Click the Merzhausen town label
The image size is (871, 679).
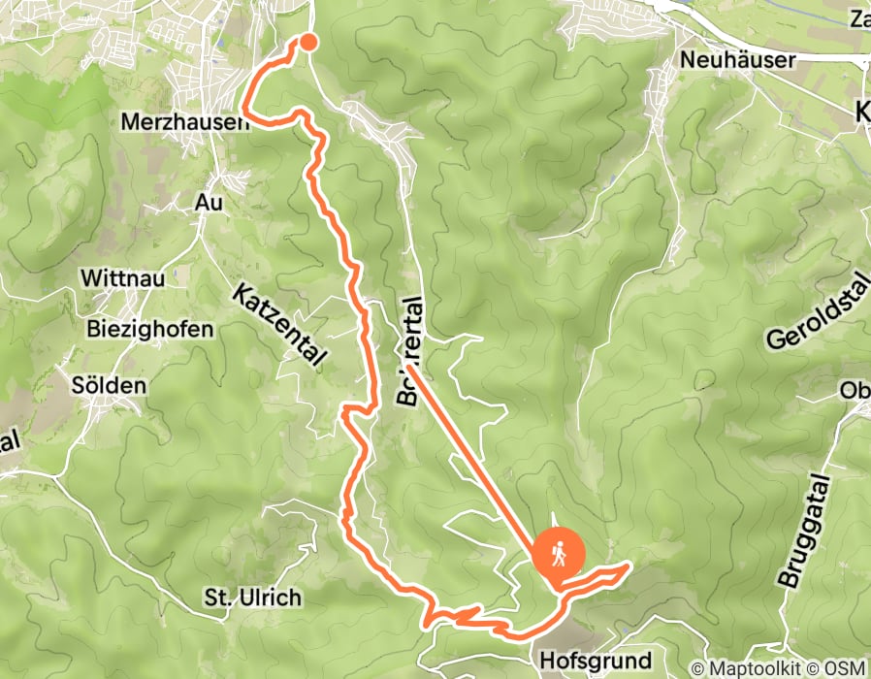pyautogui.click(x=181, y=123)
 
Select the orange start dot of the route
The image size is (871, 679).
pyautogui.click(x=307, y=41)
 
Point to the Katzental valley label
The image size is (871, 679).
pyautogui.click(x=277, y=324)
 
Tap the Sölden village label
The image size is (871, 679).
pyautogui.click(x=109, y=385)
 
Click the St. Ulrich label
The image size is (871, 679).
pyautogui.click(x=240, y=597)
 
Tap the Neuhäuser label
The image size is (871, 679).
pyautogui.click(x=738, y=60)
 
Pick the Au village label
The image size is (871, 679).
pyautogui.click(x=209, y=203)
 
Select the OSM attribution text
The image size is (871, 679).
pyautogui.click(x=845, y=667)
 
